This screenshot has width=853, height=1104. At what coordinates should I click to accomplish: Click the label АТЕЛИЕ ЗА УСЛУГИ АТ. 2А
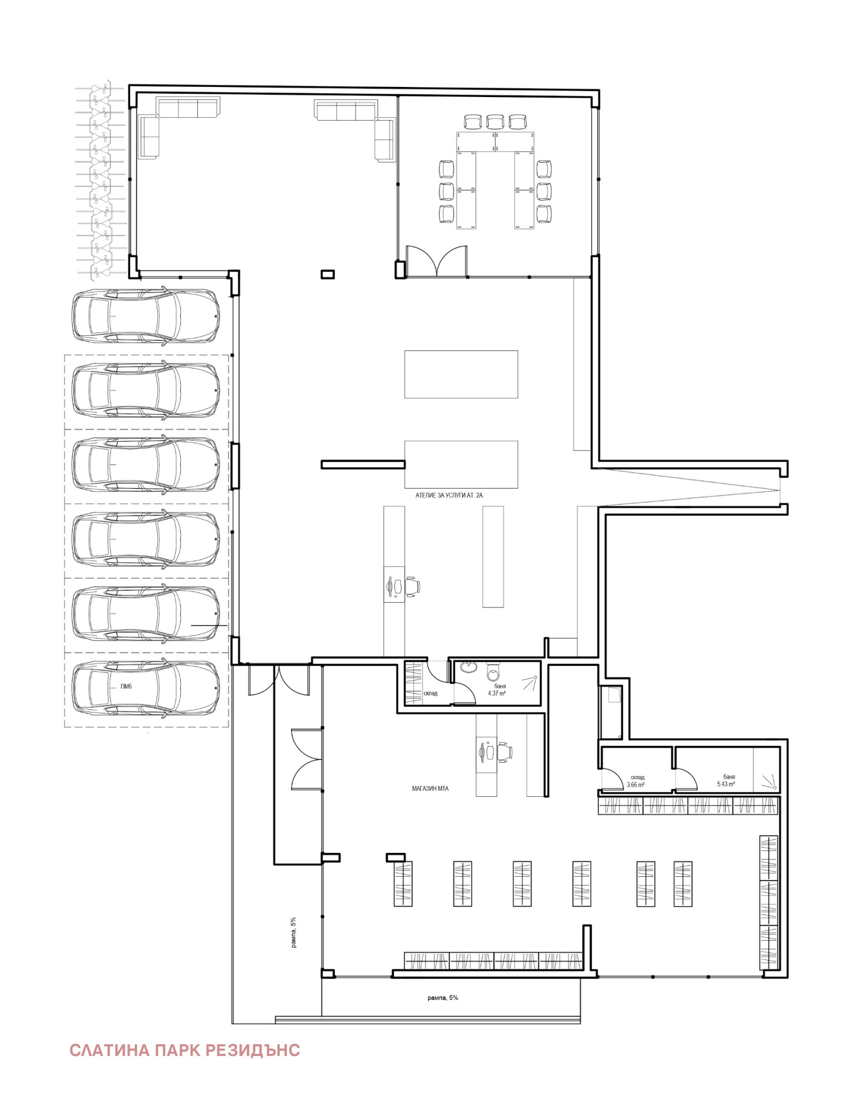point(449,495)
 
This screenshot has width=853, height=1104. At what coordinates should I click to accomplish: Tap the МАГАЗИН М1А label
point(430,788)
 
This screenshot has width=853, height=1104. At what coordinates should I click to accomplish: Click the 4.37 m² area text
point(497,693)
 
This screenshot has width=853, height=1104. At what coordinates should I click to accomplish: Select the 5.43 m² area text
point(726,784)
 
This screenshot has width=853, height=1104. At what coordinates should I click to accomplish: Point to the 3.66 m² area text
point(635,785)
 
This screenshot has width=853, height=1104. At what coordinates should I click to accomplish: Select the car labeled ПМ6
point(146,687)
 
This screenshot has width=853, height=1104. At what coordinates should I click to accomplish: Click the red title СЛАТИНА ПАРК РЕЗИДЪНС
point(184,1050)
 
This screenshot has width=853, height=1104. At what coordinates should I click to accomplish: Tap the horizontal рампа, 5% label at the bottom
point(442,997)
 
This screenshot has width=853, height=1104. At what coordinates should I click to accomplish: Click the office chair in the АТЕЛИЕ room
point(412,586)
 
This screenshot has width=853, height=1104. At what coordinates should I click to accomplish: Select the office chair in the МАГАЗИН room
point(504,752)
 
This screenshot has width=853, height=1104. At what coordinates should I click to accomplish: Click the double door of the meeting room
point(437,261)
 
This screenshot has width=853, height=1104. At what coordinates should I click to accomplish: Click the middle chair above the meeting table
point(495,122)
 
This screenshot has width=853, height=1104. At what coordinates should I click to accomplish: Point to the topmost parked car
point(146,316)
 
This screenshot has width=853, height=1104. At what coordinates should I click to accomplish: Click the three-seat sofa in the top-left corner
point(188,107)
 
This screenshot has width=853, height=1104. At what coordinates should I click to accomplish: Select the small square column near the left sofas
point(327,274)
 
